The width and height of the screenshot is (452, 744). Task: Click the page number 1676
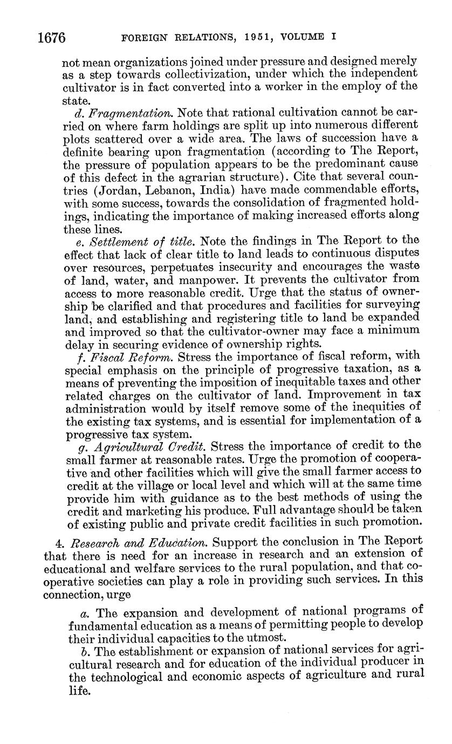(x=52, y=38)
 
